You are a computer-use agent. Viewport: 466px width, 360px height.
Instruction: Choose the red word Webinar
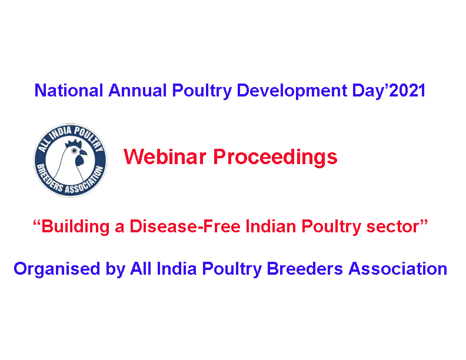[165, 157]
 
